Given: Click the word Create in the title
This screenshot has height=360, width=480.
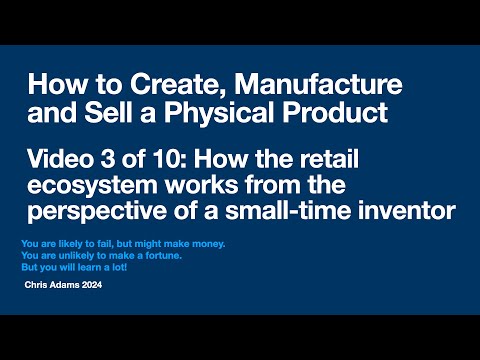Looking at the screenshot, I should [x=156, y=81].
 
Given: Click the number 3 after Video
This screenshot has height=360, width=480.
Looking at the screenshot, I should [x=110, y=153].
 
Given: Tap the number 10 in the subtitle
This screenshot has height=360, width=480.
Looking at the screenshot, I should [x=160, y=153].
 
